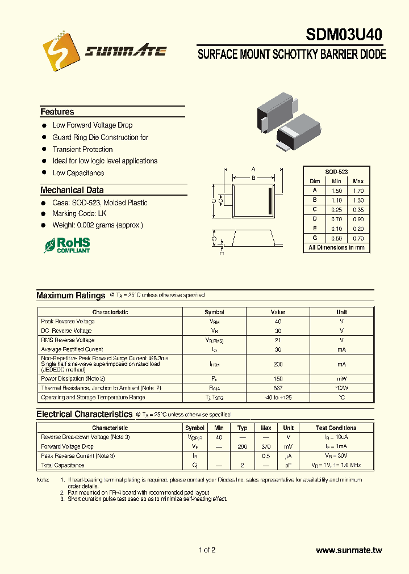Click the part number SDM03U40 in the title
pyautogui.click(x=344, y=35)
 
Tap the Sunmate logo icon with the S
pyautogui.click(x=61, y=51)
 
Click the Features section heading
pyautogui.click(x=57, y=112)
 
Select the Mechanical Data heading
pyautogui.click(x=72, y=190)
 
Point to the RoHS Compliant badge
pyautogui.click(x=68, y=245)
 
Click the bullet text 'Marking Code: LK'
pyautogui.click(x=79, y=214)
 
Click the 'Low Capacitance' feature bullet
pyautogui.click(x=78, y=173)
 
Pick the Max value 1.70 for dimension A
pyautogui.click(x=358, y=191)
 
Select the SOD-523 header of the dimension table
pyautogui.click(x=336, y=171)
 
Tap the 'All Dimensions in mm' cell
pyautogui.click(x=336, y=247)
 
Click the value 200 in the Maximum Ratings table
pyautogui.click(x=278, y=364)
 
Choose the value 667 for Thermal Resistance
pyautogui.click(x=278, y=388)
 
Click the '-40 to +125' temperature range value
pyautogui.click(x=278, y=397)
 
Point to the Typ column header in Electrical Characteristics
pyautogui.click(x=243, y=428)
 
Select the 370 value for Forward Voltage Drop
pyautogui.click(x=265, y=446)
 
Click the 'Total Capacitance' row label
pyautogui.click(x=62, y=465)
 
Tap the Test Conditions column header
pyautogui.click(x=336, y=428)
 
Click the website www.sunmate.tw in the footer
pyautogui.click(x=349, y=550)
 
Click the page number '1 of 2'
pyautogui.click(x=207, y=550)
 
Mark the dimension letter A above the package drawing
pyautogui.click(x=253, y=169)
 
